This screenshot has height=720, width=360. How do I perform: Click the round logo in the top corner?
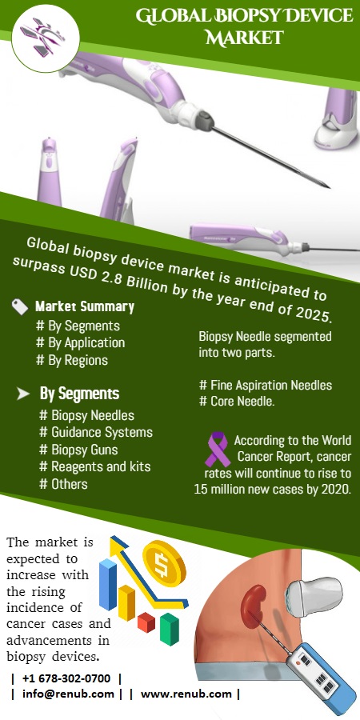click(45, 38)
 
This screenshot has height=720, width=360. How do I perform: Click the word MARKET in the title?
click(244, 38)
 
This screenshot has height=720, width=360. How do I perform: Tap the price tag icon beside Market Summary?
click(20, 307)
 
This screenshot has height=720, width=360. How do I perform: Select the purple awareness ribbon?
click(217, 449)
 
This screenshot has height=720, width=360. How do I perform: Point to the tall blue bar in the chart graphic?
click(108, 584)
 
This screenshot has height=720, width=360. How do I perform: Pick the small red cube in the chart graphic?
click(146, 622)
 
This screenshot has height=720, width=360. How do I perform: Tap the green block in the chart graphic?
click(170, 628)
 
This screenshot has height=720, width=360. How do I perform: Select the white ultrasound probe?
click(314, 596)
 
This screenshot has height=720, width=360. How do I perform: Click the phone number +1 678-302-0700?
click(66, 678)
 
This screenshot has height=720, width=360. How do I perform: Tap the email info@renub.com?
click(69, 694)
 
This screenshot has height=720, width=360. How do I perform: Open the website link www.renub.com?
click(186, 694)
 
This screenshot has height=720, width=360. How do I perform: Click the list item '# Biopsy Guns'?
click(78, 450)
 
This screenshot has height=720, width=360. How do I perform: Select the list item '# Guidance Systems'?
click(96, 432)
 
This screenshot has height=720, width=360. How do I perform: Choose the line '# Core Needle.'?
click(237, 401)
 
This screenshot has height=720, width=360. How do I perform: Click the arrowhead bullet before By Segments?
click(23, 394)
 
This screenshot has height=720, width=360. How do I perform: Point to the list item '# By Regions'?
click(72, 360)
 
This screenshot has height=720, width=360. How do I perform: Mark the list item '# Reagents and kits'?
click(95, 466)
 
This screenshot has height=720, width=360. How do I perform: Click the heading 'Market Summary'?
click(85, 306)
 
